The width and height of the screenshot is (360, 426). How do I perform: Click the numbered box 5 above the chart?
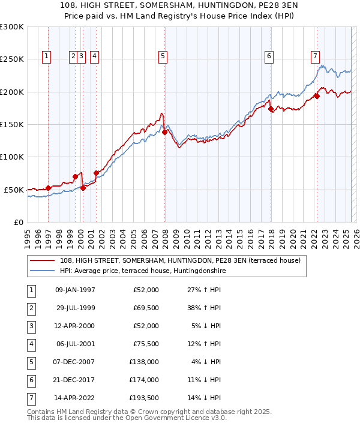(x=163, y=56)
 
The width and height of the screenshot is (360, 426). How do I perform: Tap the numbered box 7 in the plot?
(x=315, y=56)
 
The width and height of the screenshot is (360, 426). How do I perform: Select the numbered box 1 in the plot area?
(x=47, y=56)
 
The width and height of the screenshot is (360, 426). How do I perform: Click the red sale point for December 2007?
(x=164, y=133)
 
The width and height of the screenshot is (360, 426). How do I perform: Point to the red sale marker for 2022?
(x=317, y=97)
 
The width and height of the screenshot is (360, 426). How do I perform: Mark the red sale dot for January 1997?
(x=49, y=188)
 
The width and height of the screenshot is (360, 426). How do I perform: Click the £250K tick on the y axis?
(x=12, y=59)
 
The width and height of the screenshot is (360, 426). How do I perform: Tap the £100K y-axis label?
(x=12, y=157)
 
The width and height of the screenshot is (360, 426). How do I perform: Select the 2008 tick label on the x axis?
(x=165, y=234)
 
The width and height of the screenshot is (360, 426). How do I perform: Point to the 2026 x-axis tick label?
(x=356, y=234)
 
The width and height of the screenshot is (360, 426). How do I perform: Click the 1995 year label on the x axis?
(x=28, y=234)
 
